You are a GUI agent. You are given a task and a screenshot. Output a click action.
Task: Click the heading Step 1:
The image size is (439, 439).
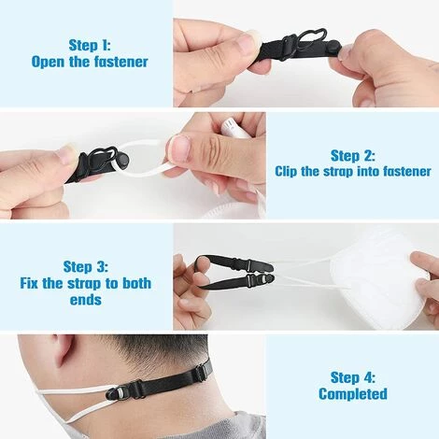(102, 44)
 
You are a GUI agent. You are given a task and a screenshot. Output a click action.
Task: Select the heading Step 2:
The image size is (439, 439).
(352, 154)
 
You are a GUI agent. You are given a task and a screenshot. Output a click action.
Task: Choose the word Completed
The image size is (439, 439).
(352, 394)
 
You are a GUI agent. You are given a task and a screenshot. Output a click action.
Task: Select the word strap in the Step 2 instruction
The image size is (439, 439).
(340, 172)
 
